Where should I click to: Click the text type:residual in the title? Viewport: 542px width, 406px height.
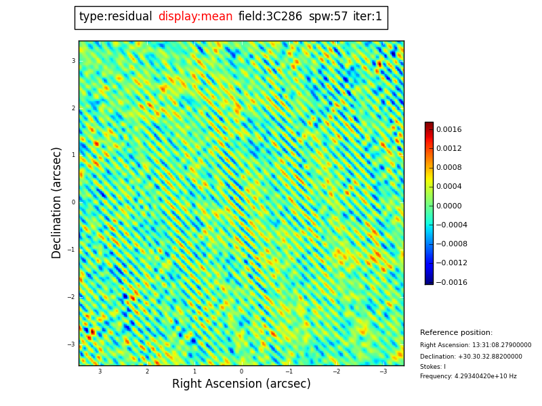(x=115, y=17)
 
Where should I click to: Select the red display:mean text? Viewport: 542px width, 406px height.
(x=195, y=17)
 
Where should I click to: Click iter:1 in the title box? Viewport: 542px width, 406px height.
(x=367, y=17)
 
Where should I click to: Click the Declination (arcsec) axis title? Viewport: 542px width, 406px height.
(x=57, y=202)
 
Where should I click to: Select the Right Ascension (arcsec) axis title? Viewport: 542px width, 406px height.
(x=241, y=384)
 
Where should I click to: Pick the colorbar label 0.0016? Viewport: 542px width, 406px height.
(x=449, y=129)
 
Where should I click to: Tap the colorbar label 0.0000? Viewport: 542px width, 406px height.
(x=449, y=206)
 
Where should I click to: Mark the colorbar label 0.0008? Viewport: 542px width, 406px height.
(x=449, y=168)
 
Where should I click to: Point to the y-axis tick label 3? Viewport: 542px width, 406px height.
(x=73, y=61)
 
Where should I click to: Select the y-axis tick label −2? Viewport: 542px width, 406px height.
(x=71, y=297)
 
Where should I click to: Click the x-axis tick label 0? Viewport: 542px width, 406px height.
(x=241, y=371)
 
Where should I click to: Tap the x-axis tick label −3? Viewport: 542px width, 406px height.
(x=383, y=371)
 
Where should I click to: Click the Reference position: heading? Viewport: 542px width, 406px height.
(x=456, y=333)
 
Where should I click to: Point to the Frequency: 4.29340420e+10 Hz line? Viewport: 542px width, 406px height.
(x=468, y=376)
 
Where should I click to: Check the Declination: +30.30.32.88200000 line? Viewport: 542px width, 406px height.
(x=471, y=357)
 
